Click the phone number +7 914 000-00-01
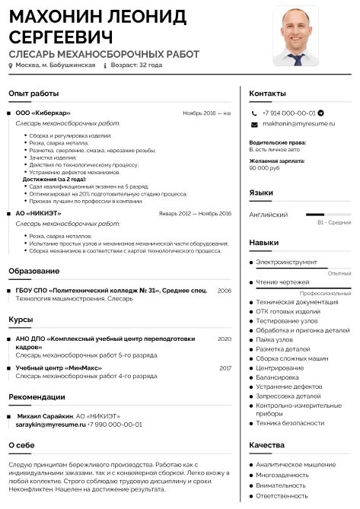pyautogui.click(x=288, y=113)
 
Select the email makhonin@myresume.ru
pyautogui.click(x=298, y=123)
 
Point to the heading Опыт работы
pyautogui.click(x=33, y=93)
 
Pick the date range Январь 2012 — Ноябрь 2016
pyautogui.click(x=194, y=214)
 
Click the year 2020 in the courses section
pyautogui.click(x=224, y=339)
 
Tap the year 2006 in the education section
pyautogui.click(x=224, y=291)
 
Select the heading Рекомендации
pyautogui.click(x=37, y=396)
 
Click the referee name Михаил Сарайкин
pyautogui.click(x=45, y=416)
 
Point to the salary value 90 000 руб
pyautogui.click(x=264, y=167)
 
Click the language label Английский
pyautogui.click(x=268, y=215)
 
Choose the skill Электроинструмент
pyautogui.click(x=286, y=262)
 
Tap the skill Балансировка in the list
pyautogui.click(x=277, y=377)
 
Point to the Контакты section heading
pyautogui.click(x=268, y=93)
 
